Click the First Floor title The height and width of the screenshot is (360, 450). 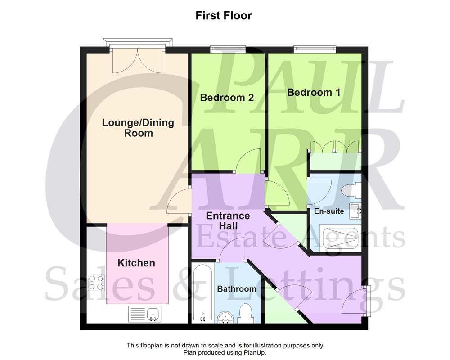[224, 16]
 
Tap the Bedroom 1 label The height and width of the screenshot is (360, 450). [314, 92]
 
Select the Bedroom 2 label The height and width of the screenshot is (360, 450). [227, 97]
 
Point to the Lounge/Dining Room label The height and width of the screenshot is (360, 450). [138, 128]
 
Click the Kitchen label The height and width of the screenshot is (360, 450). [136, 263]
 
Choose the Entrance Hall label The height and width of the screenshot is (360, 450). [228, 220]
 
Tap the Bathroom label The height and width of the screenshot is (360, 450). [237, 288]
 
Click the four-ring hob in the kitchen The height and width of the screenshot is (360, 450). [96, 282]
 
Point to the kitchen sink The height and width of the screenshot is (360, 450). [144, 313]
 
